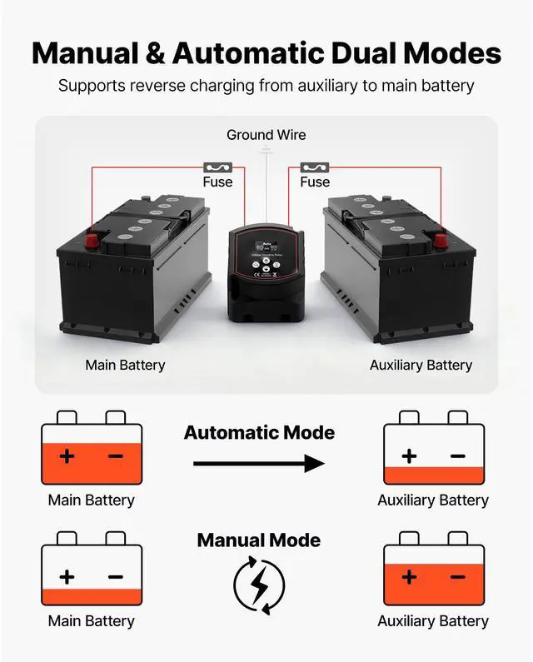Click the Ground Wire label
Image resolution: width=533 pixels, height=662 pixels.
(x=266, y=135)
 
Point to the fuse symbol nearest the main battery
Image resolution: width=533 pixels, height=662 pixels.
(x=217, y=167)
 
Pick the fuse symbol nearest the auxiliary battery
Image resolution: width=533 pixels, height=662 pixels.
(x=315, y=167)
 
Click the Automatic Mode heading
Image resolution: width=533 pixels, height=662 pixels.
(x=259, y=433)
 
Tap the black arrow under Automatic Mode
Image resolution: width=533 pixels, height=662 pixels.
(x=259, y=464)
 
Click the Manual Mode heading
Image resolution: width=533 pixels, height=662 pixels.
(x=259, y=540)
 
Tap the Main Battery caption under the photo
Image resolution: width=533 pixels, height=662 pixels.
(x=125, y=365)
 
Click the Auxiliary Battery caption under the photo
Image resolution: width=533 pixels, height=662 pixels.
(x=421, y=365)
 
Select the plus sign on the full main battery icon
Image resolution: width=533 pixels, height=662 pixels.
(x=67, y=456)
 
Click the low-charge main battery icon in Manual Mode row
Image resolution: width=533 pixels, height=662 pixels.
(x=92, y=570)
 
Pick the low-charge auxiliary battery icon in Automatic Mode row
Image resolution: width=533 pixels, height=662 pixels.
(x=433, y=449)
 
